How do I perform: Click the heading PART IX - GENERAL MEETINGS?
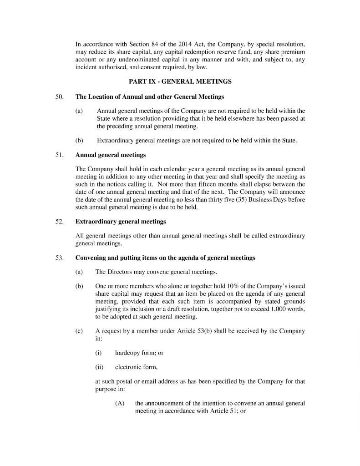click(180, 82)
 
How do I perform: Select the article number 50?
click(59, 97)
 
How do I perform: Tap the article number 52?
click(59, 222)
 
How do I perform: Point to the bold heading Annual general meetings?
click(111, 155)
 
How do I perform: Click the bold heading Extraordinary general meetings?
click(121, 222)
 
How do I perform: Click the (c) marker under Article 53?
click(79, 331)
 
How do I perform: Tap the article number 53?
click(59, 258)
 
